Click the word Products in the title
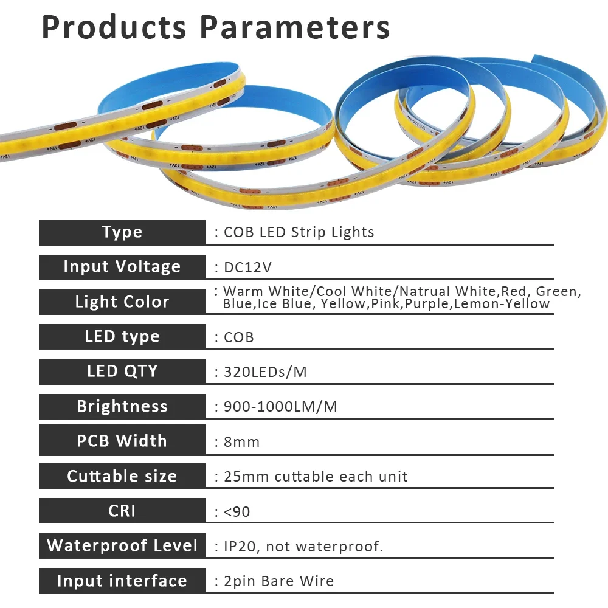114,27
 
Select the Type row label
122,232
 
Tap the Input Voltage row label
122,267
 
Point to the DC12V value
248,268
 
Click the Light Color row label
122,302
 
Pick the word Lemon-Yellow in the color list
502,303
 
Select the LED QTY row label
122,371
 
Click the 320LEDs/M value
265,372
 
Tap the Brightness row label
122,406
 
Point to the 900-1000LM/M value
280,407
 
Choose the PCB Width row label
122,441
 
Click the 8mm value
241,442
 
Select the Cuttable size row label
122,476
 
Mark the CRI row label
122,511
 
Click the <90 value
237,512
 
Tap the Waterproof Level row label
122,545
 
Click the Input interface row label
122,581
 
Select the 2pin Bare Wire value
279,581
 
